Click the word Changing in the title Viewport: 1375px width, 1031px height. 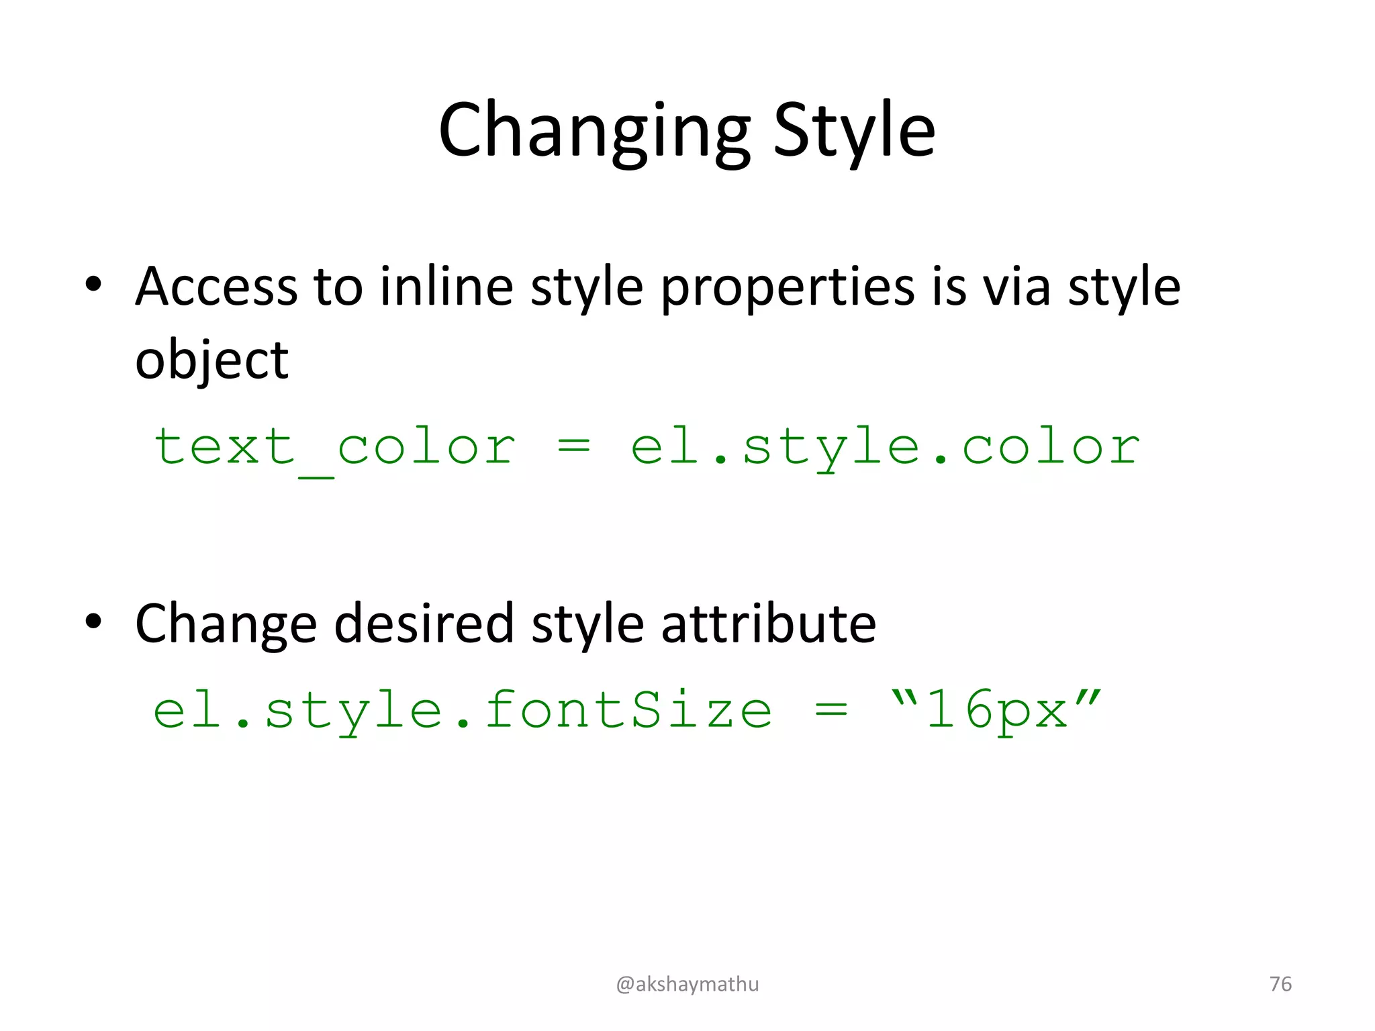[594, 131]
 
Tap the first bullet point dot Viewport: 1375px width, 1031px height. [93, 285]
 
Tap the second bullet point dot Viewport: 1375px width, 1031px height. [93, 622]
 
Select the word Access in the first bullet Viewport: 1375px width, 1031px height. [216, 287]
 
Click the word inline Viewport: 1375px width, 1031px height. [446, 287]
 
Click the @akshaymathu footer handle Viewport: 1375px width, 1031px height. [687, 984]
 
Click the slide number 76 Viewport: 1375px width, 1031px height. [1280, 984]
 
